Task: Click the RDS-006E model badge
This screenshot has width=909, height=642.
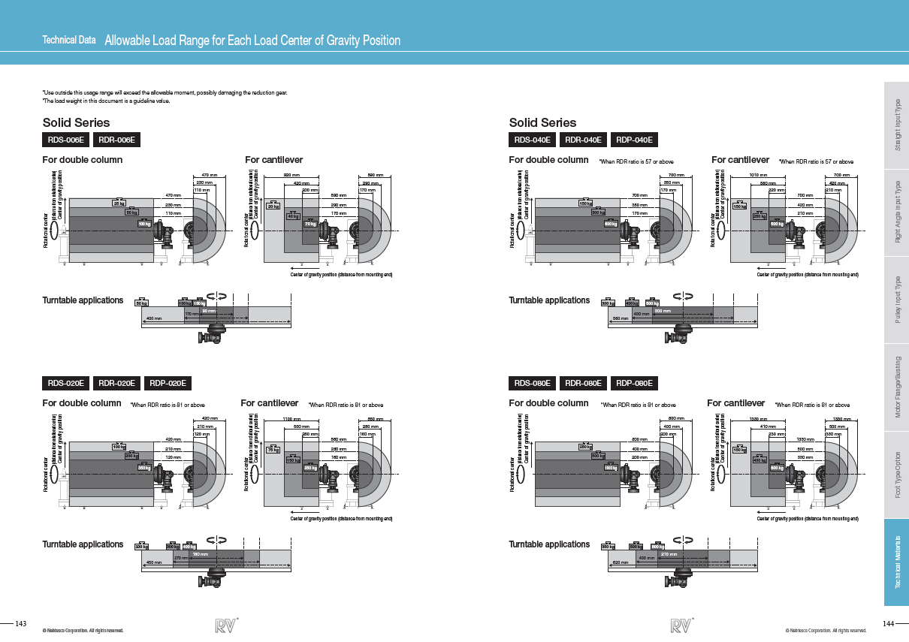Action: (66, 140)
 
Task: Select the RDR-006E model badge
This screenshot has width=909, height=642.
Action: (116, 140)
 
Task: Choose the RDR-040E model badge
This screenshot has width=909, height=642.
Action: (583, 140)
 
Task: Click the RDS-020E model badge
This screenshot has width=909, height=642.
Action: (66, 384)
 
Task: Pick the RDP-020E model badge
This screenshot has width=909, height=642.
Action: (167, 384)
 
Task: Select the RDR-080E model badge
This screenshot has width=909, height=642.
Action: (583, 384)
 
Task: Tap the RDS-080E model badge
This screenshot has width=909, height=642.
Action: (532, 384)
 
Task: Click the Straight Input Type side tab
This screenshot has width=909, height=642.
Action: (897, 125)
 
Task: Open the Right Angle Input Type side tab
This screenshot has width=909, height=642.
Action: (897, 212)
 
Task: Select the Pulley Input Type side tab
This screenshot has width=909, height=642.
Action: (897, 300)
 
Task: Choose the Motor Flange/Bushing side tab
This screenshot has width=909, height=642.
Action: (897, 387)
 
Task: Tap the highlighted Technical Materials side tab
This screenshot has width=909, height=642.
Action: (897, 562)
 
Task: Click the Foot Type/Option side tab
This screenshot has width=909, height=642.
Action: (897, 475)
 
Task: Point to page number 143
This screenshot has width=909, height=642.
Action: (21, 624)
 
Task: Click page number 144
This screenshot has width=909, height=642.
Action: (889, 624)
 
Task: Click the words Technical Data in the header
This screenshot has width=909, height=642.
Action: (69, 41)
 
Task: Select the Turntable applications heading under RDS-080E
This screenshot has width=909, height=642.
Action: (549, 544)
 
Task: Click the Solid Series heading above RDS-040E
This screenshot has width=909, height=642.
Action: (542, 122)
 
